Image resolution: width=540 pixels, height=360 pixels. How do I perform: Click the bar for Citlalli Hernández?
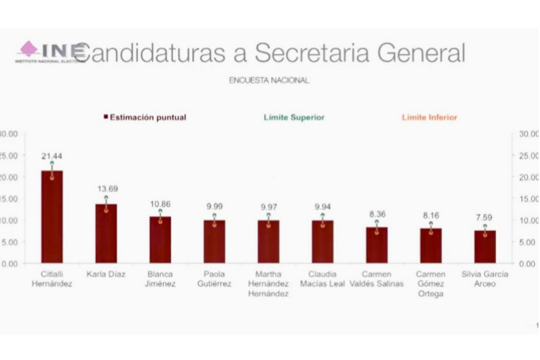pos(52,217)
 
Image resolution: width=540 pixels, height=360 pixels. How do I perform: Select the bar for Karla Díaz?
pos(106,234)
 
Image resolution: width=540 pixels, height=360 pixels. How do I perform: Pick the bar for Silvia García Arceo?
pos(485,247)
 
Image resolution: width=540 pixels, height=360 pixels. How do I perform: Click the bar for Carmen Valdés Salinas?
pos(377,246)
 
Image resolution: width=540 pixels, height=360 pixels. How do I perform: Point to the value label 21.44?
pos(52,156)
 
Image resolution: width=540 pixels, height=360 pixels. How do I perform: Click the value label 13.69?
pos(106,189)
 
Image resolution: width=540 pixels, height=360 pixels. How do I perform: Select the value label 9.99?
pos(214,207)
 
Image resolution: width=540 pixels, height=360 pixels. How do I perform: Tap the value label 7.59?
pos(485,217)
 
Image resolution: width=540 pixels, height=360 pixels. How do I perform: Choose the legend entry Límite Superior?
pos(294,117)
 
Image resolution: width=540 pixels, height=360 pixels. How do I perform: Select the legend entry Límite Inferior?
pos(429,117)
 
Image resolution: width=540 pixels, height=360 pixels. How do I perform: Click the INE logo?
pos(50,52)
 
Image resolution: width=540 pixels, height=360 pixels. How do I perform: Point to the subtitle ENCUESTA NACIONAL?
pos(269,81)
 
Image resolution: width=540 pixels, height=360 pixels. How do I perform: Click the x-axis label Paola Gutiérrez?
pos(214,279)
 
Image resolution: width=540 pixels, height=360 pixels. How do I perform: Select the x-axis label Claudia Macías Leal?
pos(322,279)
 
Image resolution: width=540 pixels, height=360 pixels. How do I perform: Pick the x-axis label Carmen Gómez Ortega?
pos(431,284)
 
